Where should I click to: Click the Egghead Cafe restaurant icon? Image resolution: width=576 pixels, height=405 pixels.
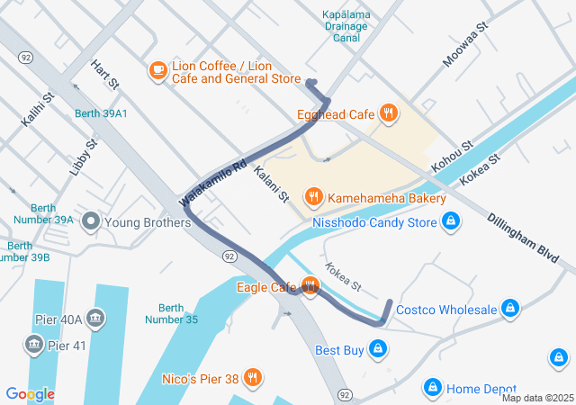point(388,113)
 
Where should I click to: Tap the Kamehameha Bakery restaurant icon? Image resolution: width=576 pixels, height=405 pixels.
point(314,197)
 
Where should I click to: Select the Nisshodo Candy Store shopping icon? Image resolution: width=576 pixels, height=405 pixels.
point(452,221)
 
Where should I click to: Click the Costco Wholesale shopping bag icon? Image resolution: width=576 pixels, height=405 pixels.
point(510,310)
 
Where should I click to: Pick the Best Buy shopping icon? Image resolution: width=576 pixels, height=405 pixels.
point(378,348)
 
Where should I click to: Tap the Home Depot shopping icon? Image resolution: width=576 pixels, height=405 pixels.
point(432,388)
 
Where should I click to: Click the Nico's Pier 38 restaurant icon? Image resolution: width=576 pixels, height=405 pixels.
point(253,379)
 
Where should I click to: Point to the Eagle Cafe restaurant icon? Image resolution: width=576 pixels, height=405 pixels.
point(310,287)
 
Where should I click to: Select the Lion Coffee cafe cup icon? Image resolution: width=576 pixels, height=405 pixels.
point(157,70)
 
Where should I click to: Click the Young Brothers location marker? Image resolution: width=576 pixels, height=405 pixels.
point(90,221)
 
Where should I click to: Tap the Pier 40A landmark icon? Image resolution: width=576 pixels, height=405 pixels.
point(95,319)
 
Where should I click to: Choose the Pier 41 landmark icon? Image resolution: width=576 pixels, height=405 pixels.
point(33,345)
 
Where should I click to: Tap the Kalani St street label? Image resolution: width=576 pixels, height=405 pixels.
point(271,184)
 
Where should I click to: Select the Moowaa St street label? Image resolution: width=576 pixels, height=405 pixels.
point(464,46)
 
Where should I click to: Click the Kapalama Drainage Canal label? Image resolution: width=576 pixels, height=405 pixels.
point(346,26)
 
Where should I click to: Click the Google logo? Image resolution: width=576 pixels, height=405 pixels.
point(31,393)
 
